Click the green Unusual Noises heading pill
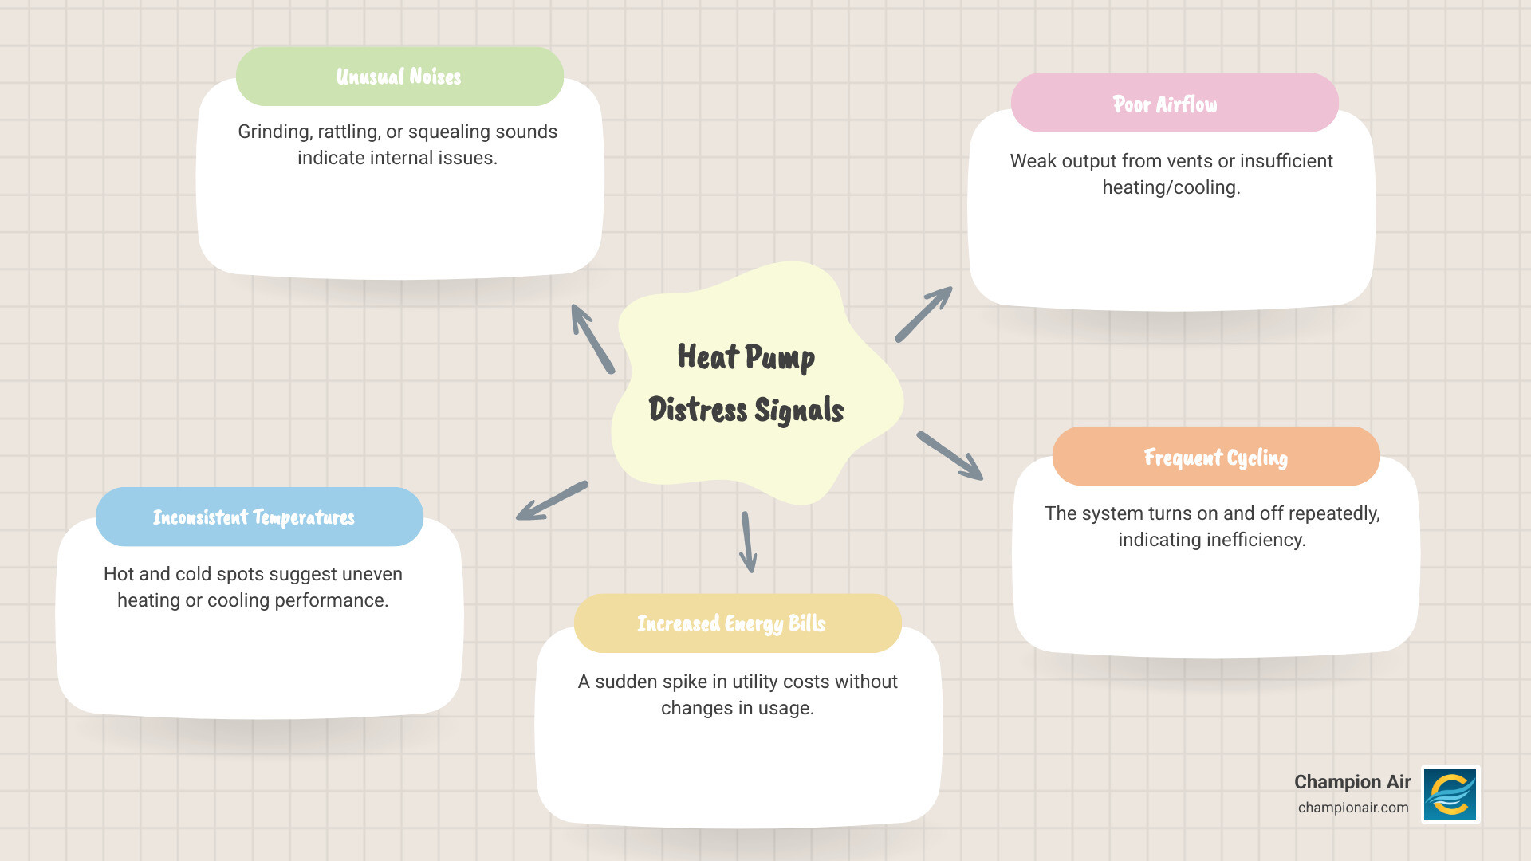coord(399,77)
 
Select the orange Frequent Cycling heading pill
coord(1215,457)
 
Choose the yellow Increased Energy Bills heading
coord(731,623)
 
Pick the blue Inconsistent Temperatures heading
coord(254,517)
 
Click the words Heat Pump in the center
coord(746,356)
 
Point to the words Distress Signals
coord(746,410)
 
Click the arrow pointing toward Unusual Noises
coord(592,338)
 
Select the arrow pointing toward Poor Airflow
coord(924,314)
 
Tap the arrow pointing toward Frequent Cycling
coord(950,456)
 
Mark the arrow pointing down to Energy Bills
coord(748,542)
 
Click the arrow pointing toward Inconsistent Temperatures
coord(552,501)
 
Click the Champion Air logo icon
coord(1450,794)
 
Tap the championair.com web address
coord(1352,808)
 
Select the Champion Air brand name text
coord(1352,782)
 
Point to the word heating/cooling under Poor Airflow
coord(1171,187)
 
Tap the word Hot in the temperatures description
coord(119,574)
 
